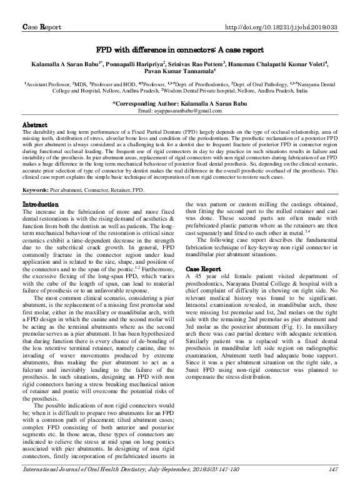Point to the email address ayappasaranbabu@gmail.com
(x=179, y=111)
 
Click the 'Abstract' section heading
(x=35, y=124)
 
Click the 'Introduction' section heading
(x=41, y=187)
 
